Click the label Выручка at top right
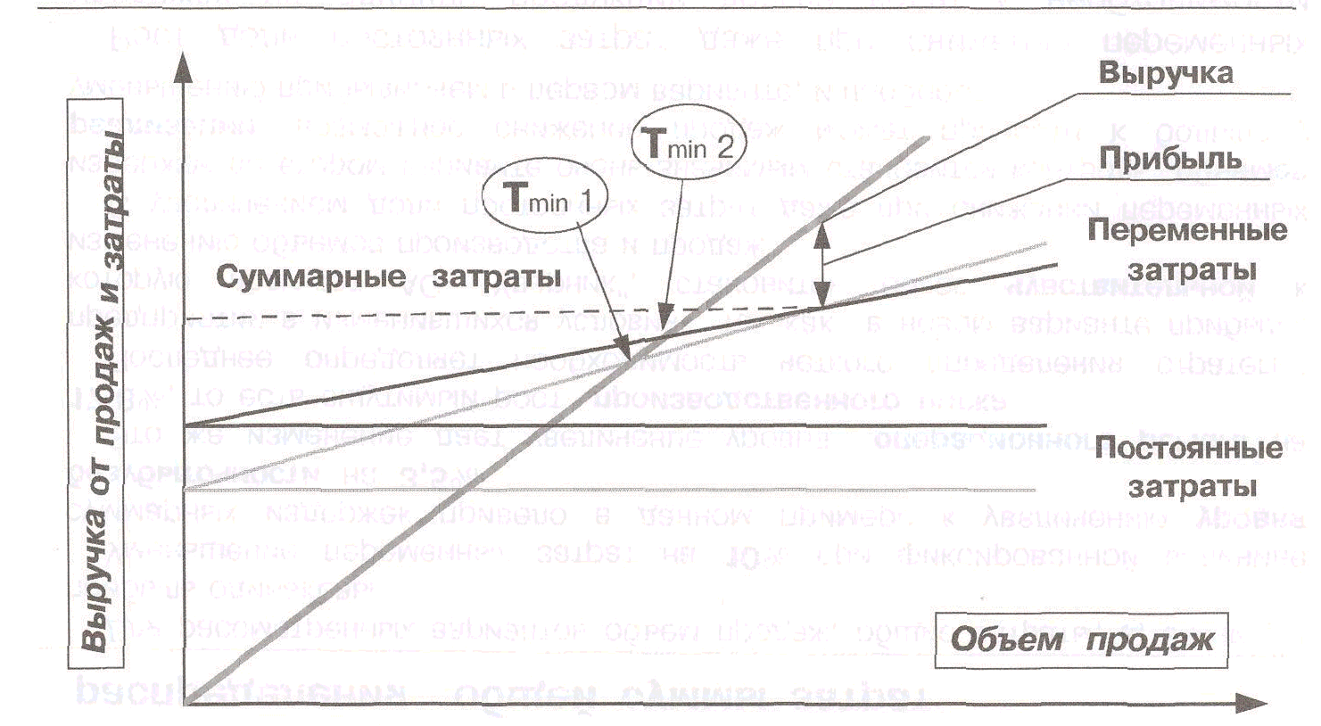(1165, 73)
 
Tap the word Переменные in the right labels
(1187, 230)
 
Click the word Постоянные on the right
(1188, 448)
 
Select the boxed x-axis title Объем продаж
(1081, 639)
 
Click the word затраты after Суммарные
(493, 276)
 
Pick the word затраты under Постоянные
(1193, 487)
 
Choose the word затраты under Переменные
(1193, 269)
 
